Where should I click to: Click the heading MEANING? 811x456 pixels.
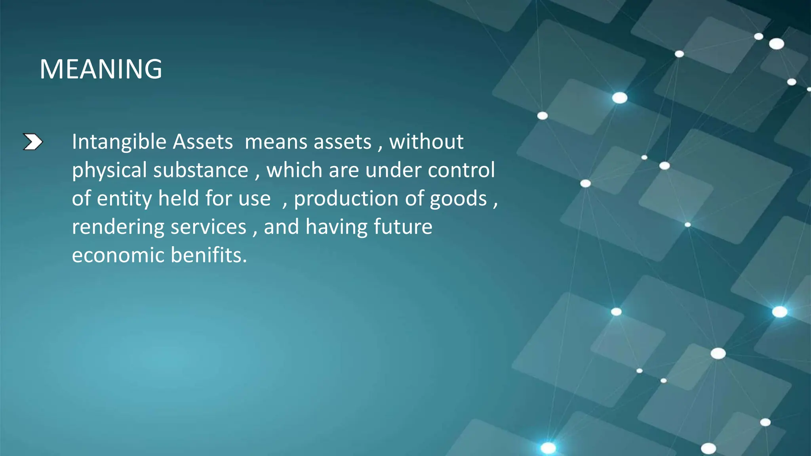click(x=101, y=69)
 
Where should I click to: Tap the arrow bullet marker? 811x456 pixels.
click(x=33, y=142)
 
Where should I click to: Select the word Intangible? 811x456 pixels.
click(x=119, y=142)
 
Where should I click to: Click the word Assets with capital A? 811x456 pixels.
click(x=203, y=142)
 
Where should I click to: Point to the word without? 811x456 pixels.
click(x=426, y=142)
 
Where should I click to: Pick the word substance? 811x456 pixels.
click(x=200, y=170)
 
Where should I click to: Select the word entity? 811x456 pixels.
click(x=124, y=199)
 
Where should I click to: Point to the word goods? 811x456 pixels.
click(x=458, y=199)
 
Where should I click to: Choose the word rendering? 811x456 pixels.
click(x=118, y=227)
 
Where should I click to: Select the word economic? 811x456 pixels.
click(x=118, y=255)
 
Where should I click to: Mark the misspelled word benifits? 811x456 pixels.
click(x=209, y=255)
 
